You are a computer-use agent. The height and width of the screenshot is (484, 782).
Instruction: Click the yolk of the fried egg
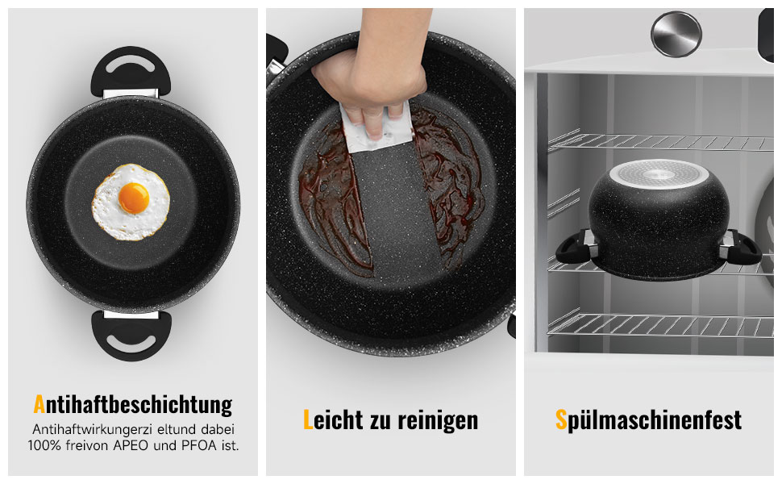tap(134, 198)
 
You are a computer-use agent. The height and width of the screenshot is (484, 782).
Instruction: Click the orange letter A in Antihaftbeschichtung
tap(39, 404)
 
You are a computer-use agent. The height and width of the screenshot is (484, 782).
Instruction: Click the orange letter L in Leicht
tap(308, 419)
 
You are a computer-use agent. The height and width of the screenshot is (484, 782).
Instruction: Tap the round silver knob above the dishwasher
tap(676, 35)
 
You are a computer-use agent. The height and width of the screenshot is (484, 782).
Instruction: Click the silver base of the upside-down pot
tap(659, 173)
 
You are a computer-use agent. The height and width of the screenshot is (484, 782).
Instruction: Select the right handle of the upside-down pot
tap(740, 248)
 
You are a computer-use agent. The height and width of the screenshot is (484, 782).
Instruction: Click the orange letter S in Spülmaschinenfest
tap(561, 419)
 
